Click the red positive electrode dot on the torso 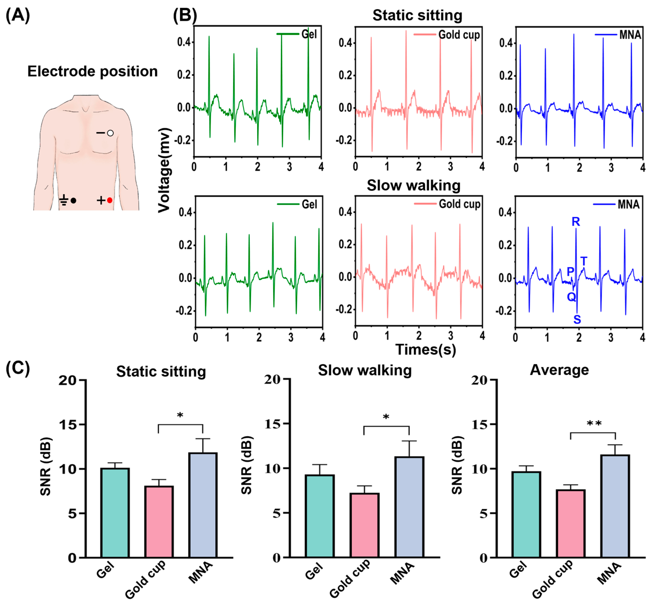tap(110, 200)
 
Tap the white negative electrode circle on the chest tap(110, 133)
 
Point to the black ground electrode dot tap(73, 200)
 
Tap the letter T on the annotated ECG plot tap(584, 261)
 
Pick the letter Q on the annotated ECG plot tap(571, 297)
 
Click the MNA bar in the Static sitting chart tap(203, 505)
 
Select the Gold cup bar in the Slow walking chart tap(364, 525)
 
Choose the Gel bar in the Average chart tap(526, 515)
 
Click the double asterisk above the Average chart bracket tap(594, 424)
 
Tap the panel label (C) tap(18, 368)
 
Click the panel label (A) tap(18, 15)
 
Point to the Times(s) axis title tap(425, 349)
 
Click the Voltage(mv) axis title tap(164, 170)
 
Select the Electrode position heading tap(92, 71)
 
